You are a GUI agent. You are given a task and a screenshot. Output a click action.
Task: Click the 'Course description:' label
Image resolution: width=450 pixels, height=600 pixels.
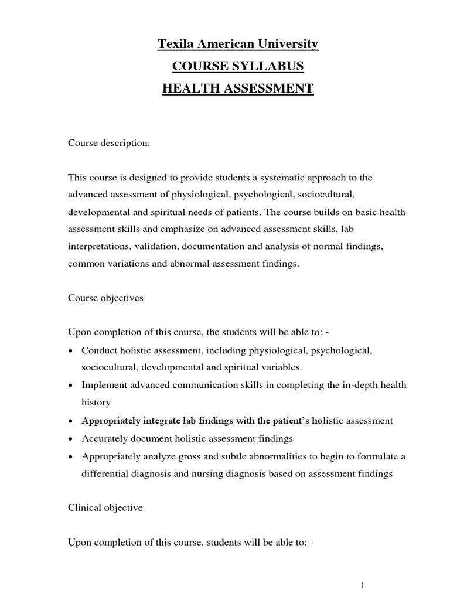click(110, 143)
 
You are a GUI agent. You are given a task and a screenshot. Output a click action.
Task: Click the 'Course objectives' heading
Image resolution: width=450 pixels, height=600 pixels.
click(105, 298)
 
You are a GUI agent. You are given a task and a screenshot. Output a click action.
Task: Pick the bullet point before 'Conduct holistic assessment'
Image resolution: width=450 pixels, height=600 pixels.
click(71, 350)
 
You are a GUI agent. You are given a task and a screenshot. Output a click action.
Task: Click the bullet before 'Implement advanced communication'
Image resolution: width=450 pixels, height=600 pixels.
click(71, 386)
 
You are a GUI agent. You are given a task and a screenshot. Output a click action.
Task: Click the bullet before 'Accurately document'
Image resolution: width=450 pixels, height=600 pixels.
click(71, 438)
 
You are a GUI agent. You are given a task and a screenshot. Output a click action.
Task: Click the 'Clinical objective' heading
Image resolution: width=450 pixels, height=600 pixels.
click(105, 508)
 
